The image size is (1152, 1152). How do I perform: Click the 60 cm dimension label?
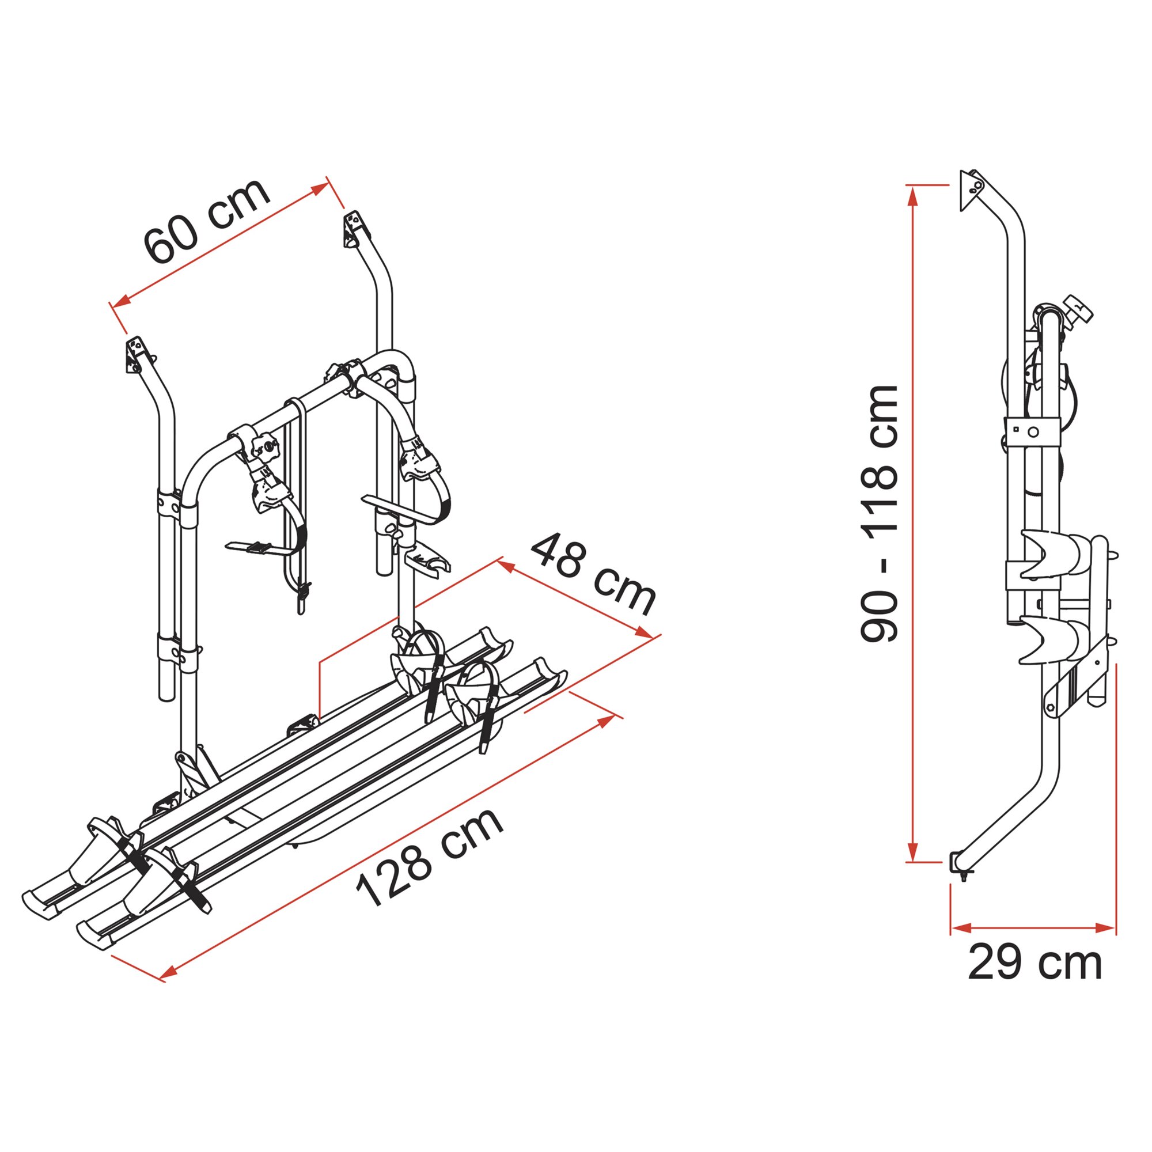pyautogui.click(x=207, y=221)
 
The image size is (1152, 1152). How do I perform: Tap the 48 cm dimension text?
pyautogui.click(x=594, y=575)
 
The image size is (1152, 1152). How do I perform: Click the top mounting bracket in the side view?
pyautogui.click(x=971, y=189)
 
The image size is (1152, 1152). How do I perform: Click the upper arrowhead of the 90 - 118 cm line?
pyautogui.click(x=912, y=196)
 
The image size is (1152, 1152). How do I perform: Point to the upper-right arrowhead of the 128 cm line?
pyautogui.click(x=607, y=722)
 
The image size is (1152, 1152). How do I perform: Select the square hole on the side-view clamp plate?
pyautogui.click(x=1015, y=428)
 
